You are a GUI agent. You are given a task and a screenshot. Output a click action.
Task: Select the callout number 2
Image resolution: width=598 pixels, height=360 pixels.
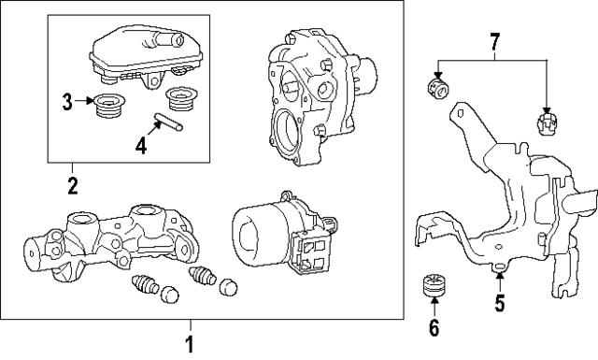point(72,184)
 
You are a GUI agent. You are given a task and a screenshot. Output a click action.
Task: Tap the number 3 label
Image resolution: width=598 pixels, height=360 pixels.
point(66,101)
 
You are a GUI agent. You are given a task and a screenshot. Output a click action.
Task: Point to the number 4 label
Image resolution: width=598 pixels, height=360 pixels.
point(141,145)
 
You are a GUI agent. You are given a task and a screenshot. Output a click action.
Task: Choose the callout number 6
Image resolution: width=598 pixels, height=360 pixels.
point(433,327)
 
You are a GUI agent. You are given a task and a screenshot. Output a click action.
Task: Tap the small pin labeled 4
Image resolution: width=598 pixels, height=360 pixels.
point(169,122)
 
